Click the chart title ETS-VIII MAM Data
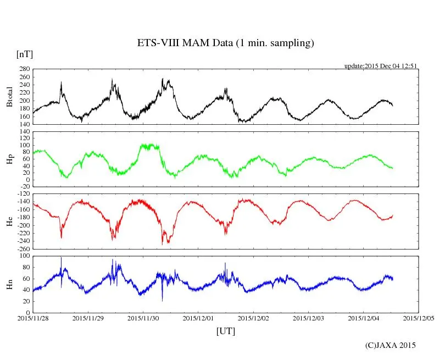pyautogui.click(x=225, y=43)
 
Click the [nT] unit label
pyautogui.click(x=25, y=54)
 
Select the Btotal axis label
pyautogui.click(x=9, y=97)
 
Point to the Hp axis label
pyautogui.click(x=9, y=159)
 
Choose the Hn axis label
pyautogui.click(x=9, y=284)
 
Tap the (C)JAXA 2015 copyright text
pyautogui.click(x=391, y=345)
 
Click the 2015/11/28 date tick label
pyautogui.click(x=33, y=318)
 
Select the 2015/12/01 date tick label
pyautogui.click(x=198, y=318)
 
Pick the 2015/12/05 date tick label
pyautogui.click(x=419, y=318)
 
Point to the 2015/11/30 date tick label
pyautogui.click(x=143, y=318)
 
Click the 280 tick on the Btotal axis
pyautogui.click(x=24, y=69)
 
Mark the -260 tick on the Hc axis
pyautogui.click(x=23, y=248)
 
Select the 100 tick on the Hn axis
pyautogui.click(x=24, y=256)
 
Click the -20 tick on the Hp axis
pyautogui.click(x=24, y=187)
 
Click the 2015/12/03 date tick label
pyautogui.click(x=308, y=318)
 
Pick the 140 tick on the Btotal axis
pyautogui.click(x=24, y=125)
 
